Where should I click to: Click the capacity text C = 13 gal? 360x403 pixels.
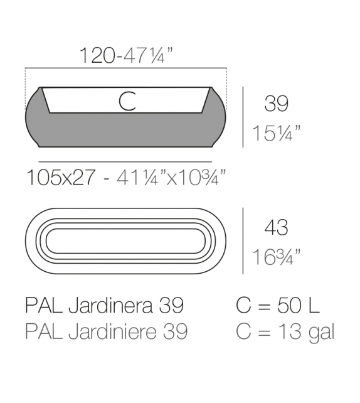pos(284,331)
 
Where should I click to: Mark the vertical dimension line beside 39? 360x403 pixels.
pos(243,117)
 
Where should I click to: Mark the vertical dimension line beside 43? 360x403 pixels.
pos(243,241)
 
